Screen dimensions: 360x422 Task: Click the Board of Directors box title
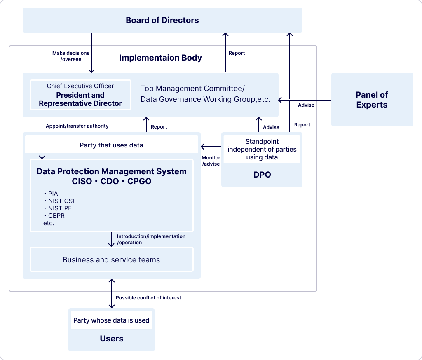pyautogui.click(x=162, y=20)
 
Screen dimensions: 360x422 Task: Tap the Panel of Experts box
pyautogui.click(x=372, y=100)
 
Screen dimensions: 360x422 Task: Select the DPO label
pyautogui.click(x=262, y=175)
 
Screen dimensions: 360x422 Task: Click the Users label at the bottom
pyautogui.click(x=111, y=339)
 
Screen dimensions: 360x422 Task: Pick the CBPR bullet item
pyautogui.click(x=56, y=216)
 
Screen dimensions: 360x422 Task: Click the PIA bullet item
pyautogui.click(x=53, y=194)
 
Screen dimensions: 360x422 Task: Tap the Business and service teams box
pyautogui.click(x=111, y=260)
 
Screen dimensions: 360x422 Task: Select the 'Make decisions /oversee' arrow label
pyautogui.click(x=71, y=56)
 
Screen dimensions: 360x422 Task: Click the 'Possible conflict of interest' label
pyautogui.click(x=148, y=297)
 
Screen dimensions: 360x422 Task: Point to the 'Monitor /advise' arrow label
pyautogui.click(x=211, y=161)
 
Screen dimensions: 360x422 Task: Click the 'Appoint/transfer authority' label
pyautogui.click(x=77, y=126)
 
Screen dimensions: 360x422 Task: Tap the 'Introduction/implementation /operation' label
pyautogui.click(x=151, y=239)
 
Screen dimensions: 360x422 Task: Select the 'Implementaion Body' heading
pyautogui.click(x=160, y=58)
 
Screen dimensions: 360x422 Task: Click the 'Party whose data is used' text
pyautogui.click(x=111, y=320)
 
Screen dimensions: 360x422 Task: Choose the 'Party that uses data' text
pyautogui.click(x=111, y=145)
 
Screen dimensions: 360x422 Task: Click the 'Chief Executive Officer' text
pyautogui.click(x=80, y=86)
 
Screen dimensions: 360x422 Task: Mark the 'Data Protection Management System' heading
pyautogui.click(x=111, y=171)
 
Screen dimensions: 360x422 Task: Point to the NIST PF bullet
pyautogui.click(x=60, y=208)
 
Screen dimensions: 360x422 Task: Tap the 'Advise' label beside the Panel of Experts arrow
pyautogui.click(x=306, y=105)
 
